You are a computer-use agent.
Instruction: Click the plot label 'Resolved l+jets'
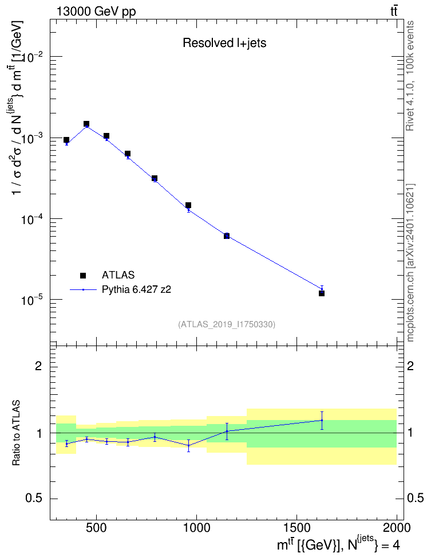coord(224,43)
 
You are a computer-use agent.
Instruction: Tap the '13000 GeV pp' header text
coord(96,11)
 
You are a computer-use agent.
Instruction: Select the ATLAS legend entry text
coord(118,275)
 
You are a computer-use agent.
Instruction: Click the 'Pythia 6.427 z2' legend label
coord(136,289)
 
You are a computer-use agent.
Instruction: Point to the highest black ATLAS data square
coord(86,124)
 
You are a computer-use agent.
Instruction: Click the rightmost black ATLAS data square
coord(322,293)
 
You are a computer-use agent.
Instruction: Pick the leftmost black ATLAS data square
coord(66,140)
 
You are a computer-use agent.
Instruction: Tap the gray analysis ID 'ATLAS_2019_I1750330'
coord(227,324)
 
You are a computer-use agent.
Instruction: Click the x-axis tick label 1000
coord(197,528)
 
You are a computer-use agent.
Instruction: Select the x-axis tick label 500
coord(96,528)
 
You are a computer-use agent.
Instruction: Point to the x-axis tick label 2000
coord(397,528)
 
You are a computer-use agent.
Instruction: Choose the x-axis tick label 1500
coord(296,528)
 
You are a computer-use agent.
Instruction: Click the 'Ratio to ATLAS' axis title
coord(16,433)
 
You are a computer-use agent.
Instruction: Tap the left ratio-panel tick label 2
coord(38,366)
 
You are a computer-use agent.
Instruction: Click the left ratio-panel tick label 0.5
coord(34,499)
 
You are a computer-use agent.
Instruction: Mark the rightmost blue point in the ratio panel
coord(322,420)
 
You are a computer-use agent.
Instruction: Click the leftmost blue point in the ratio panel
coord(66,444)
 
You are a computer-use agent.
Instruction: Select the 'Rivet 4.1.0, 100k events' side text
coord(410,76)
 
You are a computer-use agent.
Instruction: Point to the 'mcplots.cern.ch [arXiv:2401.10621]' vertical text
coord(410,262)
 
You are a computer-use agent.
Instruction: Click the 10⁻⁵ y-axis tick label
coord(32,300)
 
